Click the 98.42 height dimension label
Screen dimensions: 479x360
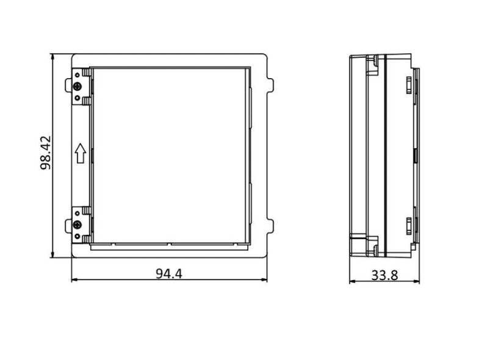(x=46, y=153)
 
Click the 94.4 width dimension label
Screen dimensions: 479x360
(x=169, y=273)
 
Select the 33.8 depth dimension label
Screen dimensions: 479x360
(x=384, y=275)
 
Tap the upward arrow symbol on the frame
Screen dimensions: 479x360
(x=81, y=153)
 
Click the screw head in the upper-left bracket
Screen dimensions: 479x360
(x=77, y=87)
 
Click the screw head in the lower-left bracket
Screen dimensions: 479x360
(x=77, y=226)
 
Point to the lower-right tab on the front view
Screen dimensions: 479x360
(x=270, y=226)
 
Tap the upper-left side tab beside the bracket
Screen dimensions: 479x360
(x=68, y=85)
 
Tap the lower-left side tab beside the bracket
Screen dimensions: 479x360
(x=68, y=226)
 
